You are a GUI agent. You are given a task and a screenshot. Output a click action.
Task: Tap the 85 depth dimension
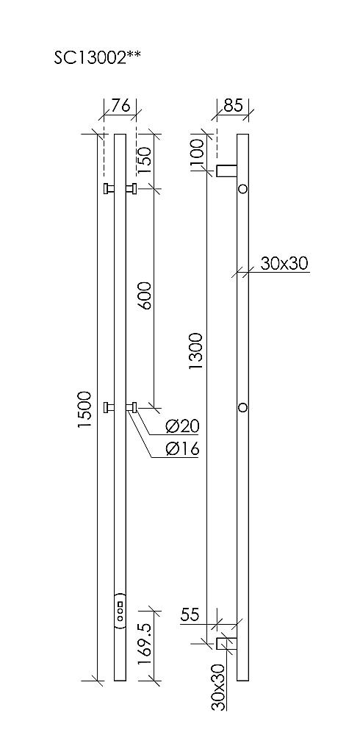(x=233, y=106)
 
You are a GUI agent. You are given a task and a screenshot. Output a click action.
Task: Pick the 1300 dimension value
(x=195, y=351)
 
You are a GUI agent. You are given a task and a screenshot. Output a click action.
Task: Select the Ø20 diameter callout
(x=182, y=426)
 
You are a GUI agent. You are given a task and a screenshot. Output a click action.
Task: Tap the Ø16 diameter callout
(x=182, y=449)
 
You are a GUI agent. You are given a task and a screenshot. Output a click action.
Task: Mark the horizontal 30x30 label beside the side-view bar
(x=283, y=264)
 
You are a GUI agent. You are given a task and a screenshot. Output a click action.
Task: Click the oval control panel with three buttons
(x=120, y=609)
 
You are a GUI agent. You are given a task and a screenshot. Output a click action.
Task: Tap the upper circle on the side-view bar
(x=243, y=189)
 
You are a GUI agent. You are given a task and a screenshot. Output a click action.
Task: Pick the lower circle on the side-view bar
(x=243, y=406)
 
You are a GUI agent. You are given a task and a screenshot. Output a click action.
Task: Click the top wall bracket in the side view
(x=226, y=171)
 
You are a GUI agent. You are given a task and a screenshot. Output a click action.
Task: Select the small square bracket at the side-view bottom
(x=223, y=644)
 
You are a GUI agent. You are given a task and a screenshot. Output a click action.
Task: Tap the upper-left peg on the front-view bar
(x=108, y=189)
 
